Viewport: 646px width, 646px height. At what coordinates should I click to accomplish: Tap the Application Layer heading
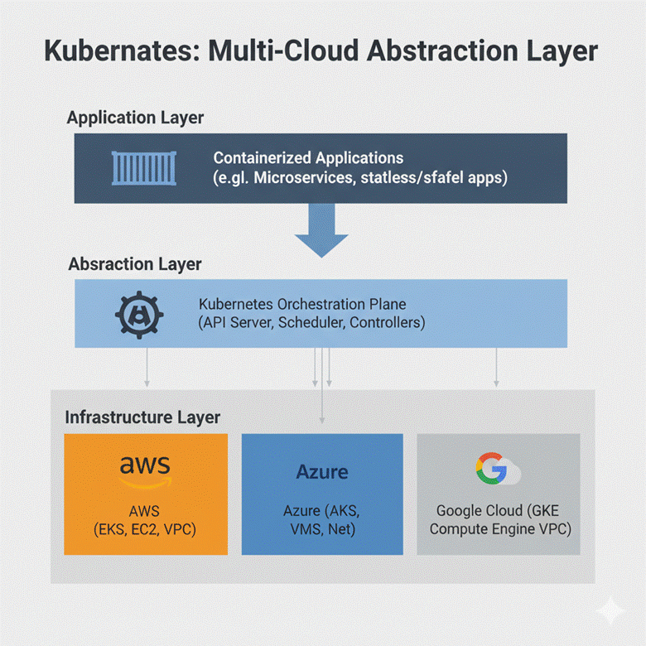pos(135,118)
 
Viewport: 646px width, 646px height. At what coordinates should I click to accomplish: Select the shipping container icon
pos(136,167)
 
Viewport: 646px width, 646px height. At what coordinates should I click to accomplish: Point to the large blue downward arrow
pos(322,230)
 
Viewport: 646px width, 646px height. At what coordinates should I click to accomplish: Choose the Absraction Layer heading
pos(134,264)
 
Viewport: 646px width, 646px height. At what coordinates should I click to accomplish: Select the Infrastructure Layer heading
pos(142,417)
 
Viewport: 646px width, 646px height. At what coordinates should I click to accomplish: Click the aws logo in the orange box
pos(145,471)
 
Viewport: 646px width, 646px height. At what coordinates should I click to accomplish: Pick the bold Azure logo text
pos(322,472)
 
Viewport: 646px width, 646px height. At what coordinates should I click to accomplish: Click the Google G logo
pos(491,470)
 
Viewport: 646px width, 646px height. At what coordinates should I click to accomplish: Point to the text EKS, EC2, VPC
pos(146,528)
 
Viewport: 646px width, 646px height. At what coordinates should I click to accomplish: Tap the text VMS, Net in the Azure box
pos(322,528)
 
